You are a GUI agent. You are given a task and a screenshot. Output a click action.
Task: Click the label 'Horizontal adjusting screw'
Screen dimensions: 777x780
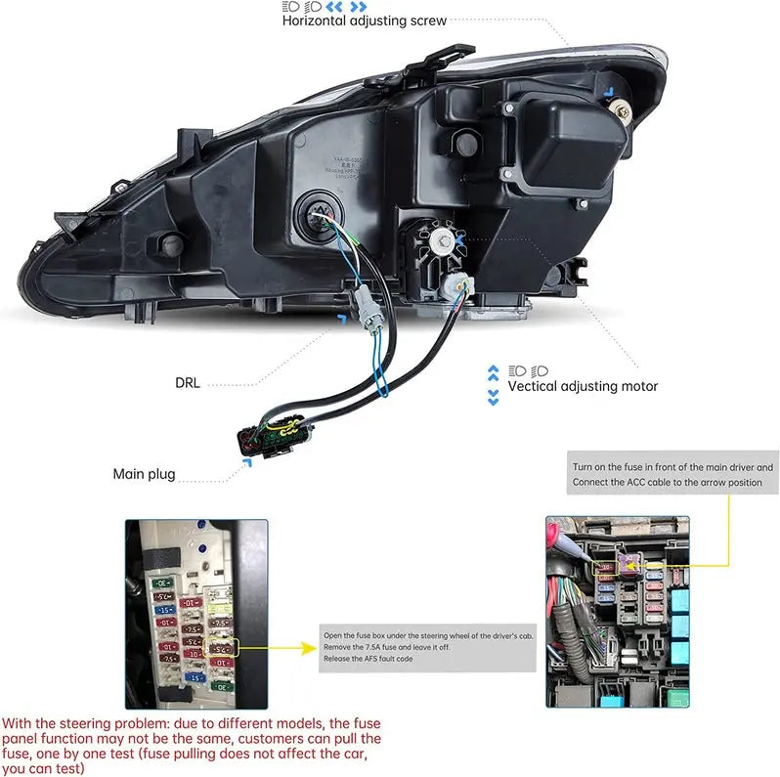pyautogui.click(x=364, y=20)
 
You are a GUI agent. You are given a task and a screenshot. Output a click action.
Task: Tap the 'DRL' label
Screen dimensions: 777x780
pyautogui.click(x=189, y=383)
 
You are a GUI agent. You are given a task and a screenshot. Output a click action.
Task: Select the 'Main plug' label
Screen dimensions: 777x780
pyautogui.click(x=144, y=474)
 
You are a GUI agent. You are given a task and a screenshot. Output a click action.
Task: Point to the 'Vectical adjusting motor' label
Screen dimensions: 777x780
pyautogui.click(x=583, y=386)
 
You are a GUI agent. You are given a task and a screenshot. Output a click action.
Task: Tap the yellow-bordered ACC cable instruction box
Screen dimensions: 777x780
pyautogui.click(x=672, y=474)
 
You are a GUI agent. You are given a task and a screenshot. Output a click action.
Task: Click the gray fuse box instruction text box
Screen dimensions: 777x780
pyautogui.click(x=428, y=648)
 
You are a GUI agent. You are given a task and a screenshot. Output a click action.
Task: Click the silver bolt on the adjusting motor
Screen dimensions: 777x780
pyautogui.click(x=445, y=237)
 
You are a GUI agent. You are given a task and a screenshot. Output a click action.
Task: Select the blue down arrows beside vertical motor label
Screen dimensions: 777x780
pyautogui.click(x=494, y=397)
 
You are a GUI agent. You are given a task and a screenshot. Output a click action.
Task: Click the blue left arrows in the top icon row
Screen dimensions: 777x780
pyautogui.click(x=342, y=5)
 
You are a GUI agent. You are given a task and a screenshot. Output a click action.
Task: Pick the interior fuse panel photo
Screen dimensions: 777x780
pyautogui.click(x=195, y=614)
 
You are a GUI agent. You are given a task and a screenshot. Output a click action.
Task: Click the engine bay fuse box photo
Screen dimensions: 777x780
pyautogui.click(x=617, y=612)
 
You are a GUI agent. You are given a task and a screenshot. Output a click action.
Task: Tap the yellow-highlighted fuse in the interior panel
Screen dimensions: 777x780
pyautogui.click(x=222, y=646)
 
